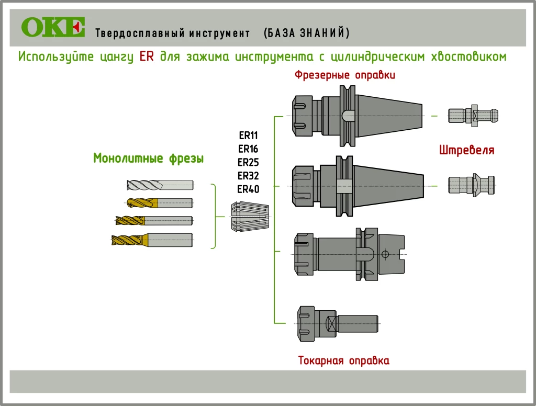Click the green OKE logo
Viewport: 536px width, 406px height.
tap(53, 27)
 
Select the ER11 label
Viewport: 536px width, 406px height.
tap(249, 135)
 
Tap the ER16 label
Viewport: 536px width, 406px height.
tap(249, 149)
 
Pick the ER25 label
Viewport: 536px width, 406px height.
tap(249, 162)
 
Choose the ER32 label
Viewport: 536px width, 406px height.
tap(249, 175)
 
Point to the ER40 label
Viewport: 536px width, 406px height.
tap(249, 189)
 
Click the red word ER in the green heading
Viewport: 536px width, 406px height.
tap(147, 57)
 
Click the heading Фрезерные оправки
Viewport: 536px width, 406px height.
tap(344, 75)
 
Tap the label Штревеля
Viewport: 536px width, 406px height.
tap(467, 151)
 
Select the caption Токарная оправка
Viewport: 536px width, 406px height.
tap(344, 360)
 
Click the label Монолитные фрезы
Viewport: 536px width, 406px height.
tap(148, 158)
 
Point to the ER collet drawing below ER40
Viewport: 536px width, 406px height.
tap(250, 216)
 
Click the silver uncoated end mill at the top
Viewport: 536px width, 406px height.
tap(160, 185)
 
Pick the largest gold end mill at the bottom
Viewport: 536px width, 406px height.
tap(152, 240)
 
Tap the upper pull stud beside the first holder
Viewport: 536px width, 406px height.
tap(473, 115)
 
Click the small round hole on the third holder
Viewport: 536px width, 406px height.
tap(385, 254)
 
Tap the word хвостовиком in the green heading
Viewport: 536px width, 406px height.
tap(468, 57)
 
